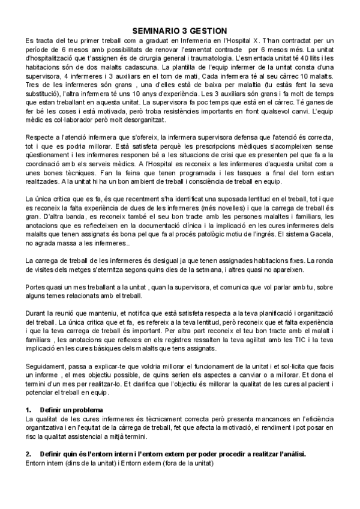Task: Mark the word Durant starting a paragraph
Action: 37,313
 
